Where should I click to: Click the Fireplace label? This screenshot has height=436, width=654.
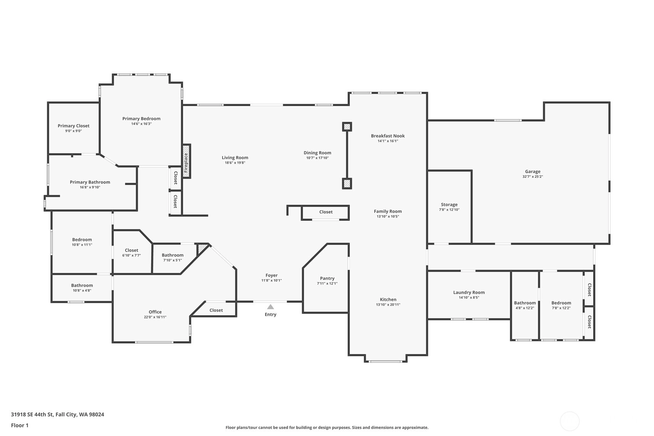(x=186, y=163)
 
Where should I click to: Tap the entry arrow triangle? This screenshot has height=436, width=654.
(x=271, y=306)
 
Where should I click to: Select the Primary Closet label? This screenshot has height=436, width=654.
(x=74, y=126)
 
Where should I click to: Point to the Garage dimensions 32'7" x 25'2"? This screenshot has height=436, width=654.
(x=533, y=177)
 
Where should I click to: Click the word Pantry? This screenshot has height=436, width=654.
(x=327, y=279)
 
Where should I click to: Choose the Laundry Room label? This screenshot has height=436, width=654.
(x=469, y=292)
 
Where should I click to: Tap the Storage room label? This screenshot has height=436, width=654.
(x=449, y=205)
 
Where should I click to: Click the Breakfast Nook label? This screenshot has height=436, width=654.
(x=388, y=136)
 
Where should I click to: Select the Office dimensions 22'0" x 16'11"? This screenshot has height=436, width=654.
(x=155, y=317)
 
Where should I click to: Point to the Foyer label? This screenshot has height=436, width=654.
(x=272, y=275)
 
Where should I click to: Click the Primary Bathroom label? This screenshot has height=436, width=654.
(x=90, y=182)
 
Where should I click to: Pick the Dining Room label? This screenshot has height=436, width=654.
(x=317, y=153)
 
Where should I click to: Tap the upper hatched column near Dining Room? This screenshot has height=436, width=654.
(x=347, y=127)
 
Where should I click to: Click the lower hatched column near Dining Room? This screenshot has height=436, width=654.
(x=347, y=183)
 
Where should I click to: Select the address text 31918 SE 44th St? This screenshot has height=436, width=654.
(x=32, y=414)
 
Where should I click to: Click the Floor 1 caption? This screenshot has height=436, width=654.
(x=20, y=425)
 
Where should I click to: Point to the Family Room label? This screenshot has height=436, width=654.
(x=388, y=211)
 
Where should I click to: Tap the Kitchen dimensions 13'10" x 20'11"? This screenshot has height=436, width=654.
(x=388, y=305)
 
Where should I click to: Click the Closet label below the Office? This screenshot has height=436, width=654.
(x=216, y=310)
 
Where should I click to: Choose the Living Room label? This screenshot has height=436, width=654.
(x=235, y=158)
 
